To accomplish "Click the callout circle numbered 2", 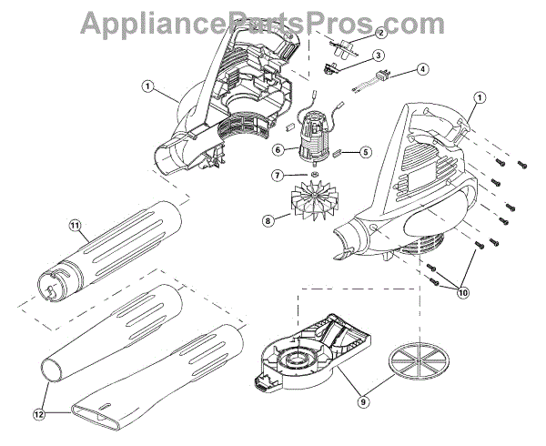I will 380,34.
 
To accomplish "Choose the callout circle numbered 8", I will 268,219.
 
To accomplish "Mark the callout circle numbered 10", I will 464,293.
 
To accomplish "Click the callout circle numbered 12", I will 37,413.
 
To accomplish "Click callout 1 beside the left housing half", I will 147,89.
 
